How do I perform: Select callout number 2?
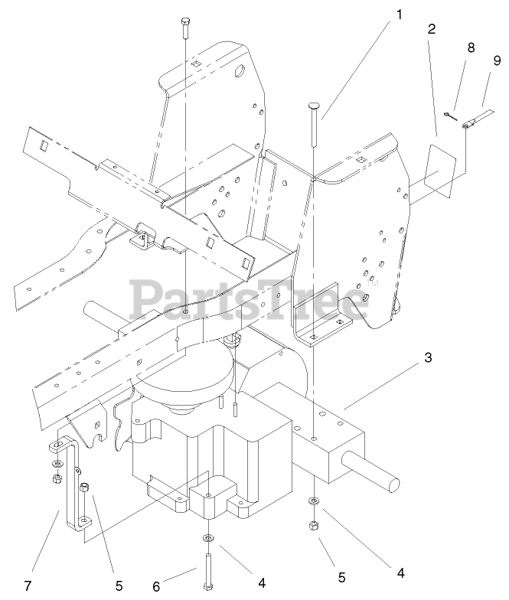[x=432, y=30]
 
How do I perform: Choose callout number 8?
[x=471, y=47]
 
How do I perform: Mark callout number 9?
[x=496, y=59]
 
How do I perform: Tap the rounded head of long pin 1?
[x=315, y=106]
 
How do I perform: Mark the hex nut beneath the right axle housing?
[x=314, y=526]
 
